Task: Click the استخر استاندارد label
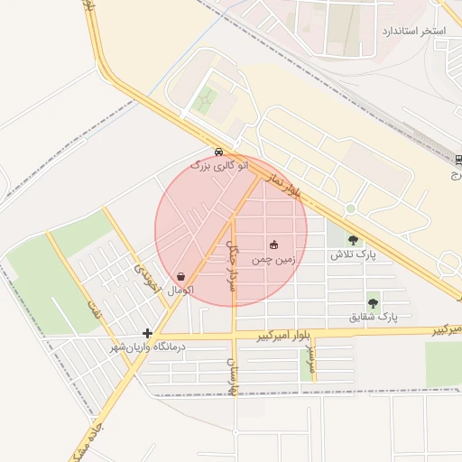pos(414,32)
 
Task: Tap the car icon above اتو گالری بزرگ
pos(219,152)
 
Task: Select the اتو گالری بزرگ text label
pos(217,165)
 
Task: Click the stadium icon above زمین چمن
pos(274,245)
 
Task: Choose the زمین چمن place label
pos(273,259)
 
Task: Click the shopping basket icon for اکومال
pos(181,277)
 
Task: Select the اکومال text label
pos(181,291)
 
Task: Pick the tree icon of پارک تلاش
pos(352,240)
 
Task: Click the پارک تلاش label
pos(352,255)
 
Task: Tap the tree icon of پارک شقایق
pos(373,303)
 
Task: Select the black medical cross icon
pos(147,333)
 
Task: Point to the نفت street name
pos(94,312)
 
